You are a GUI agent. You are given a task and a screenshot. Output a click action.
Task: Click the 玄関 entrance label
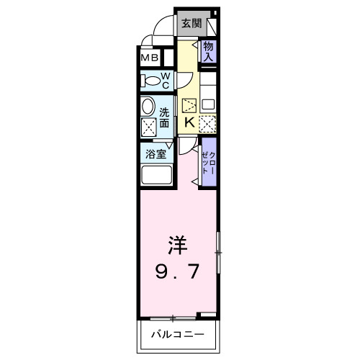(191, 23)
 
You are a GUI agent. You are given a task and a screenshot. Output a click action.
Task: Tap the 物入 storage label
(208, 51)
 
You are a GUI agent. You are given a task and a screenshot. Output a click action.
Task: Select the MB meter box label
(150, 58)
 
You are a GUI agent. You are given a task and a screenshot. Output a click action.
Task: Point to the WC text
(164, 80)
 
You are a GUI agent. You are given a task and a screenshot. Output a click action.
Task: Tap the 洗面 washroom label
(165, 117)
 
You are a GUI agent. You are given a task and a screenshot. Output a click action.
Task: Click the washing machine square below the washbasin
(149, 129)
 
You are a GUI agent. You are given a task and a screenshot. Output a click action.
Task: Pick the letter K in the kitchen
(189, 122)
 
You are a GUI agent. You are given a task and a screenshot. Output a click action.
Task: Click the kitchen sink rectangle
(207, 103)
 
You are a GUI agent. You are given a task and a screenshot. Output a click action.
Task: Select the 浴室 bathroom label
(156, 153)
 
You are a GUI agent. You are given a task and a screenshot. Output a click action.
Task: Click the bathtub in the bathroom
(156, 176)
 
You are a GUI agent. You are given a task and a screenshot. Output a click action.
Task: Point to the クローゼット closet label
(209, 163)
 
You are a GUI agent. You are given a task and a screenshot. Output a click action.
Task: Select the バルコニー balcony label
(177, 335)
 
